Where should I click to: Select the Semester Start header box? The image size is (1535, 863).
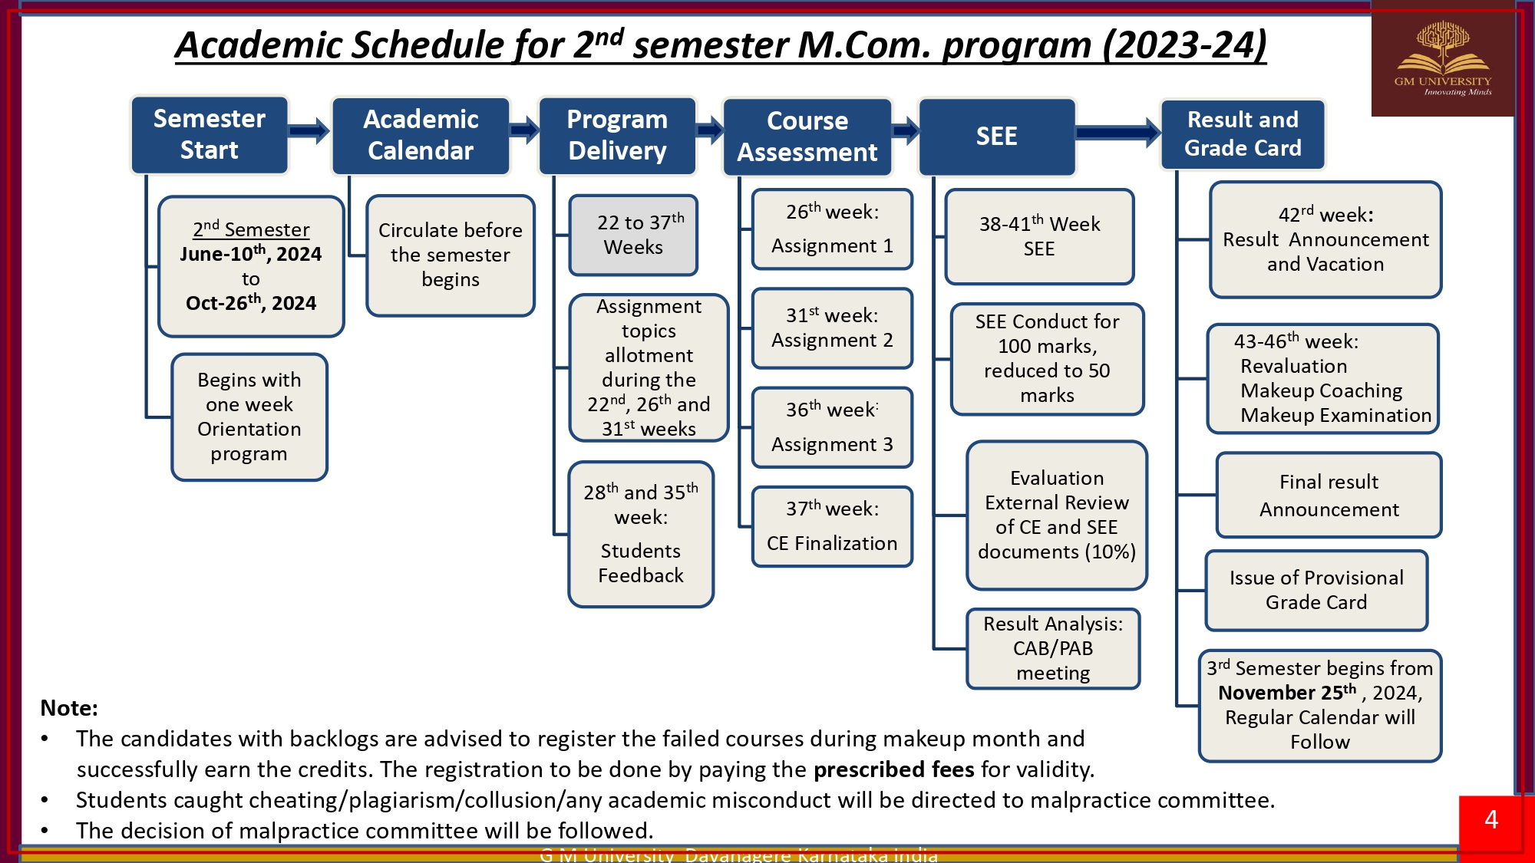[209, 135]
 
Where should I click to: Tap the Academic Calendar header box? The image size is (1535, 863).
[421, 136]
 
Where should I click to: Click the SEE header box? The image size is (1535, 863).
[996, 137]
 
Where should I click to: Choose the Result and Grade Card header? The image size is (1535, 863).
[1243, 134]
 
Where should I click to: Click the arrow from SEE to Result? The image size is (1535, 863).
[1117, 133]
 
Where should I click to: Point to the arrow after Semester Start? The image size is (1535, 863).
[309, 131]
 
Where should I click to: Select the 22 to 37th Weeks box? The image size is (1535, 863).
[633, 235]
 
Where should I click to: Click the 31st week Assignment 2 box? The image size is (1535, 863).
[832, 328]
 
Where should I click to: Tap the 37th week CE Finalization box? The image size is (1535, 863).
[832, 526]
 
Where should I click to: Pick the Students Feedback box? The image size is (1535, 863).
[641, 534]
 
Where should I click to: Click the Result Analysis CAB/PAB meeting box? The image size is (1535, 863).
[1053, 649]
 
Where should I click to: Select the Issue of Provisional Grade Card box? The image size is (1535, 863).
[1316, 590]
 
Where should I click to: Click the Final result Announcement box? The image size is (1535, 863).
[1329, 496]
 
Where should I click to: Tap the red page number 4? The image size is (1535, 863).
[1491, 820]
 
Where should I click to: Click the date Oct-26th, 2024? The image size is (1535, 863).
[251, 303]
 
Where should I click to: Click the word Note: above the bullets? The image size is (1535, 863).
[69, 708]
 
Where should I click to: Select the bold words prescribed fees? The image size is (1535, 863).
[893, 769]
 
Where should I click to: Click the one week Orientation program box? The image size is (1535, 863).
[249, 417]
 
